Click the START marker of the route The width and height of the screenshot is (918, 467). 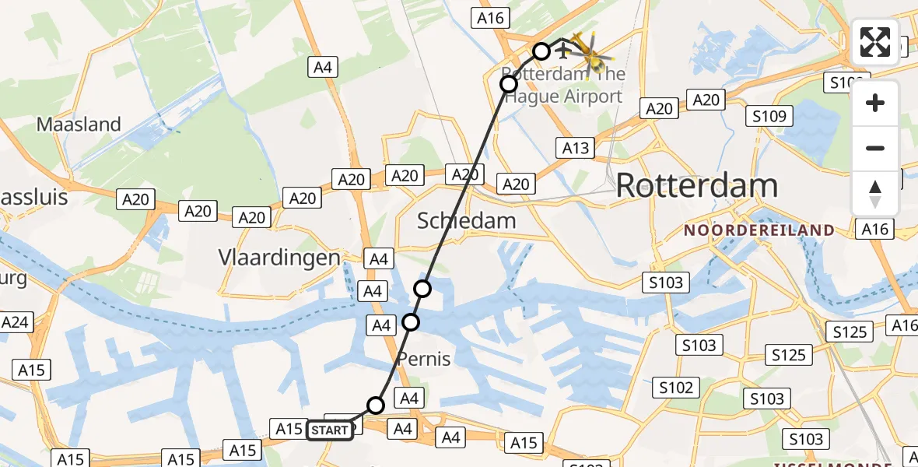330,430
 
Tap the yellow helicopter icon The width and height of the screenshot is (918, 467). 591,51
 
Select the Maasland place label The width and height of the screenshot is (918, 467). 79,125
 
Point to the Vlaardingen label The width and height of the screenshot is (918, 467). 279,258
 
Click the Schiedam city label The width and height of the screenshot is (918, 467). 466,220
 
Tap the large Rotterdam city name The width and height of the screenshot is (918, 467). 697,186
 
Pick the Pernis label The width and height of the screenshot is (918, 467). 423,359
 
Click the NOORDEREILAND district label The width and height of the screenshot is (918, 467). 759,230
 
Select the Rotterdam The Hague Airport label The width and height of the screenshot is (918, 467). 562,86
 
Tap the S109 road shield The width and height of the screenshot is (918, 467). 769,117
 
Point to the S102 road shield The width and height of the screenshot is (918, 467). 676,388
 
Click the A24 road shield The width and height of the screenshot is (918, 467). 16,322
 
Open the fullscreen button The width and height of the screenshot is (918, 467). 875,42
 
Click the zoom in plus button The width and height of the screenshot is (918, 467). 875,103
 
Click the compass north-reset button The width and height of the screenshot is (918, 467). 875,194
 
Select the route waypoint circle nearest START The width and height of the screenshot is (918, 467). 376,405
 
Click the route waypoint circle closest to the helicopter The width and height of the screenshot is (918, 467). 541,52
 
